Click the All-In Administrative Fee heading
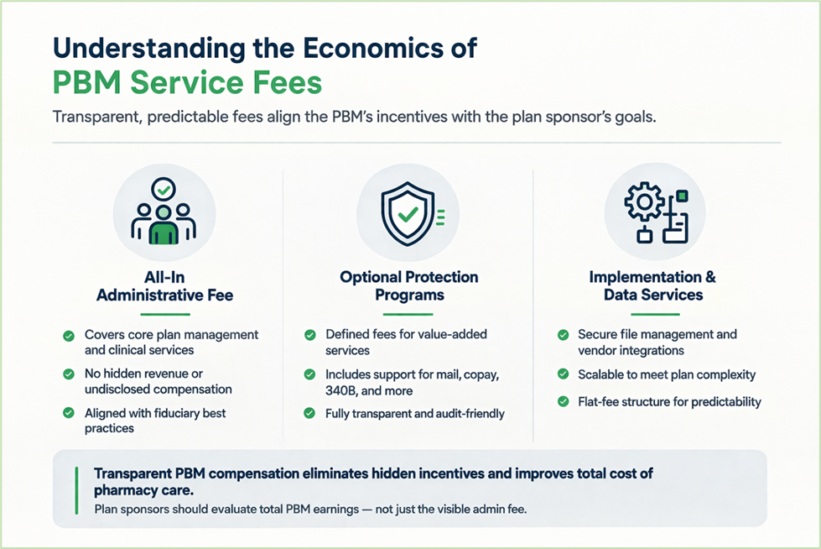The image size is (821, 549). coord(164,286)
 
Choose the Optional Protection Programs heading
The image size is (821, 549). coord(408,285)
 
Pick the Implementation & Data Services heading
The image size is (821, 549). coord(652,285)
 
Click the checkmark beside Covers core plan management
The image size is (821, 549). coord(69,336)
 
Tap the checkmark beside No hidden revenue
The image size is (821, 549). coord(69,374)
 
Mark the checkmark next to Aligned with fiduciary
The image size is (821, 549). coord(69,413)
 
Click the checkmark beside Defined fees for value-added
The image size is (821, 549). coord(309,336)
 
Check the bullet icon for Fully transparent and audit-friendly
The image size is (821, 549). coord(309,413)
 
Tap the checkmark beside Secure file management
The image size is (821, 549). coord(563,336)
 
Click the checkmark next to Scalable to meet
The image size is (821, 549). coord(563,375)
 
